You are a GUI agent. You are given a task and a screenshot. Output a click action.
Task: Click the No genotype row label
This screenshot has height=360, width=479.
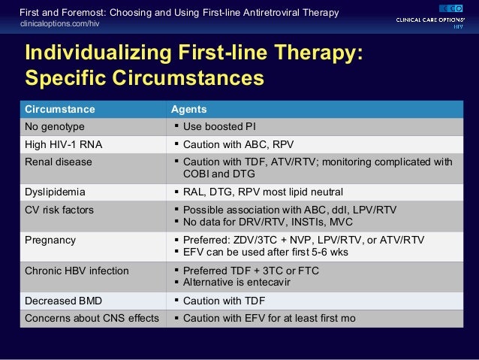(54, 126)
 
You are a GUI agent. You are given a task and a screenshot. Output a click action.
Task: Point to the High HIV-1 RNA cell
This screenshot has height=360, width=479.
(61, 144)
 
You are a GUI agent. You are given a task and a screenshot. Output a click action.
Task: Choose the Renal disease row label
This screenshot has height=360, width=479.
(59, 162)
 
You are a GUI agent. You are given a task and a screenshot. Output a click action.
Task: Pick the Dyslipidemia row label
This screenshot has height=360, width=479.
(56, 192)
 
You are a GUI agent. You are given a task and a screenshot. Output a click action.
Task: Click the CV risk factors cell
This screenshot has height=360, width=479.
(59, 210)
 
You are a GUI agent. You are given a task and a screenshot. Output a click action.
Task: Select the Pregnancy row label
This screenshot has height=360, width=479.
(50, 240)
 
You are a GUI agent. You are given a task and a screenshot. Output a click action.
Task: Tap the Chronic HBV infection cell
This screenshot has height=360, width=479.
(77, 270)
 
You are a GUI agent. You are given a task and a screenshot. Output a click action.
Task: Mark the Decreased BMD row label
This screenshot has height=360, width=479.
(64, 300)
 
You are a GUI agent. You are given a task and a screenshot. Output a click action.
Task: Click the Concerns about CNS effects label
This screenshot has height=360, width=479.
(92, 318)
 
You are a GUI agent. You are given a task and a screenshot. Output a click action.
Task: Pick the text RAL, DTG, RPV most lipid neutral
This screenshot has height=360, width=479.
(263, 192)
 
